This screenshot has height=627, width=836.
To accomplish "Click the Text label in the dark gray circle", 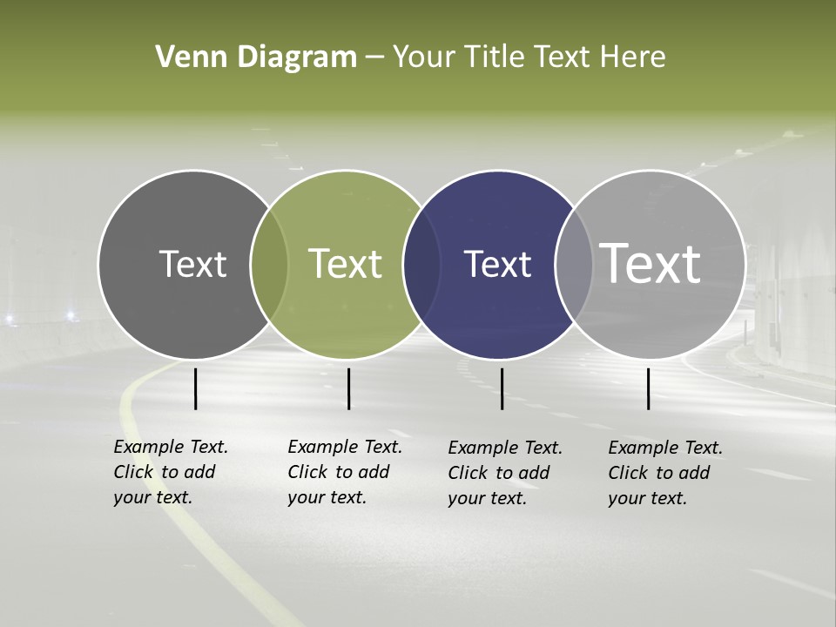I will pyautogui.click(x=192, y=265).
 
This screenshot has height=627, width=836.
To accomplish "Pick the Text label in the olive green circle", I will pyautogui.click(x=345, y=264).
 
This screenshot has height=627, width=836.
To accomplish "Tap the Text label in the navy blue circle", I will pyautogui.click(x=497, y=265).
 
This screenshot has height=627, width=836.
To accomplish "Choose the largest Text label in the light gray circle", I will pyautogui.click(x=650, y=263).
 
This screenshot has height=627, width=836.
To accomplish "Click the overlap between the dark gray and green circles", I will pyautogui.click(x=269, y=265).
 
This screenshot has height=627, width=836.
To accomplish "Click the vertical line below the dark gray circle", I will pyautogui.click(x=196, y=388).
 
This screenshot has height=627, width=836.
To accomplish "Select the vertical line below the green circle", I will pyautogui.click(x=348, y=388).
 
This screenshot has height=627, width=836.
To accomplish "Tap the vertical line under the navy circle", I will pyautogui.click(x=502, y=388).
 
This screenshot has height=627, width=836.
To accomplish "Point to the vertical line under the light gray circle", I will pyautogui.click(x=649, y=388).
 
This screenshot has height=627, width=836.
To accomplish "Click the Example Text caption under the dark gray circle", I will pyautogui.click(x=171, y=472).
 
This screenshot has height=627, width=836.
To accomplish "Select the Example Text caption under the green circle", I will pyautogui.click(x=345, y=472).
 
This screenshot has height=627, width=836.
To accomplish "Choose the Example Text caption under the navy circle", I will pyautogui.click(x=505, y=473).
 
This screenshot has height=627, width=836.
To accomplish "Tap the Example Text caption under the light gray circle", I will pyautogui.click(x=665, y=473).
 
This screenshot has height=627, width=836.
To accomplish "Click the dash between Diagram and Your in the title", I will pyautogui.click(x=374, y=58).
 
